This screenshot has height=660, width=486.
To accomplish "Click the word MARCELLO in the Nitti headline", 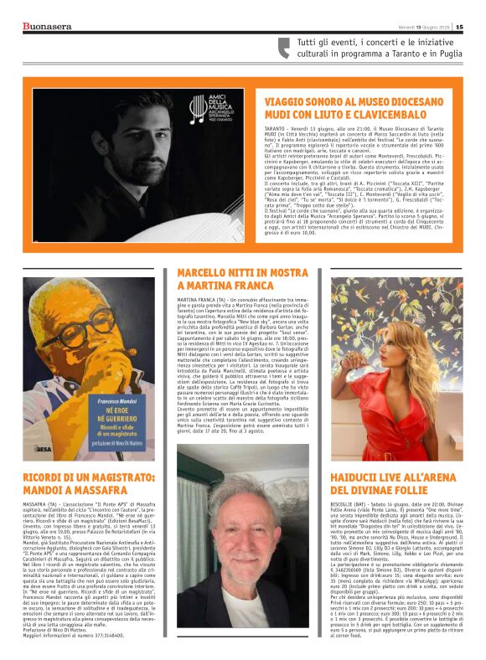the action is [205, 274].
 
